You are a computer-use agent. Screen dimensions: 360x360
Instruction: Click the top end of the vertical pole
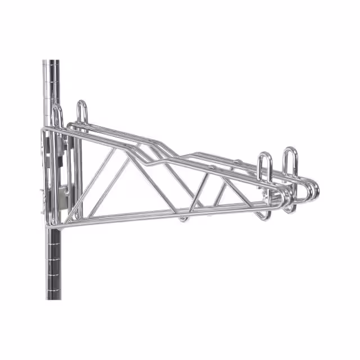coord(53,61)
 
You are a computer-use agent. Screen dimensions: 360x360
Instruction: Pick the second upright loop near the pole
coord(82,110)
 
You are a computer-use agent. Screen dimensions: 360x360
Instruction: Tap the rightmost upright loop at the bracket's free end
coord(290,160)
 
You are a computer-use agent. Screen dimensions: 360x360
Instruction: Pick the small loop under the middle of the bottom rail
coord(183,217)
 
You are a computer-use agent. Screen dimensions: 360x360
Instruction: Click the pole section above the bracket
coord(53,90)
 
